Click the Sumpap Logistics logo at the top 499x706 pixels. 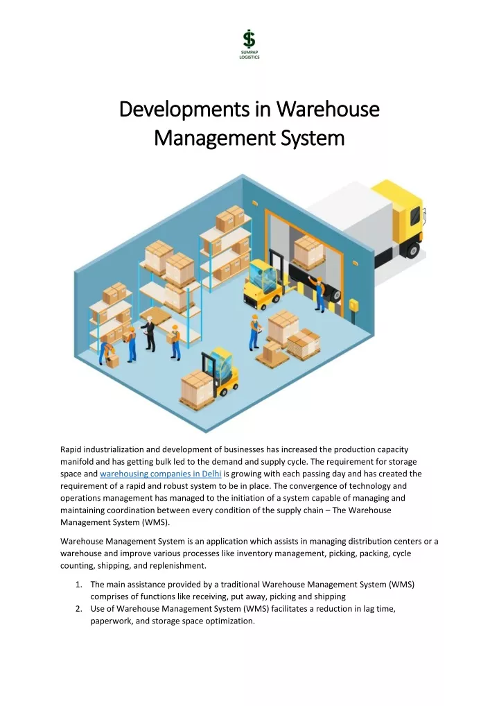pyautogui.click(x=249, y=44)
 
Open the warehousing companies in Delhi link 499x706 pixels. pyautogui.click(x=161, y=474)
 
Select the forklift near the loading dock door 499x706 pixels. pyautogui.click(x=263, y=283)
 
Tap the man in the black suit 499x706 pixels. pyautogui.click(x=150, y=334)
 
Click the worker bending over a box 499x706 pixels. pyautogui.click(x=107, y=351)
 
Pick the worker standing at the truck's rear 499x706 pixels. pyautogui.click(x=318, y=294)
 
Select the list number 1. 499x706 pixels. pyautogui.click(x=79, y=585)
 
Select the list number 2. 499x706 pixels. pyautogui.click(x=79, y=609)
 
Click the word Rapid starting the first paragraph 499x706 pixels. pyautogui.click(x=71, y=450)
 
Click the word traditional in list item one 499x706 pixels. pyautogui.click(x=240, y=585)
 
